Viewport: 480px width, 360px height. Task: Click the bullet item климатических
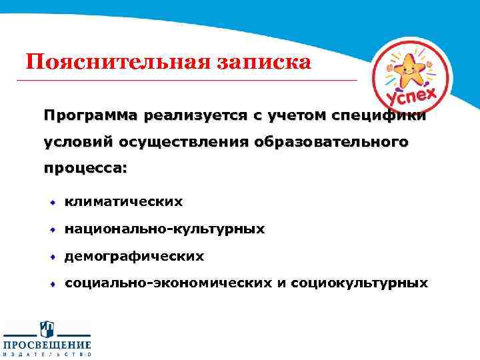pyautogui.click(x=123, y=201)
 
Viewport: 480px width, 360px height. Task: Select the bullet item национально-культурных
pyautogui.click(x=165, y=229)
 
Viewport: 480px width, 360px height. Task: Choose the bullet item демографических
pyautogui.click(x=135, y=256)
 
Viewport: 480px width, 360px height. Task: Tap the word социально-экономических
pyautogui.click(x=167, y=283)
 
